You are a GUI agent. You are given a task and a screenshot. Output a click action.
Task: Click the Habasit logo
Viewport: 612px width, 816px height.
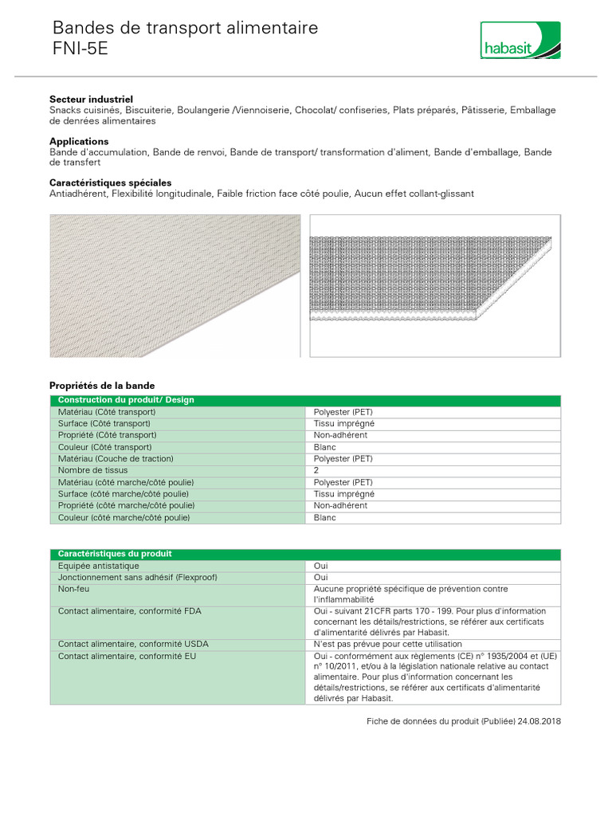pos(520,41)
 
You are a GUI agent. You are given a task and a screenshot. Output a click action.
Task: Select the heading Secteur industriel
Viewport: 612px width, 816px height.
pos(91,99)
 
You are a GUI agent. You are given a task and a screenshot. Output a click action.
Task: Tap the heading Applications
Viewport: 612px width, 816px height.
pos(79,141)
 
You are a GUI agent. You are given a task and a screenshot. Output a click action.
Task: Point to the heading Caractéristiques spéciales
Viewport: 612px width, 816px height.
pos(110,182)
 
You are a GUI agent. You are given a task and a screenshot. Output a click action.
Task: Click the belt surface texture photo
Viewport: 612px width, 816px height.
pos(175,285)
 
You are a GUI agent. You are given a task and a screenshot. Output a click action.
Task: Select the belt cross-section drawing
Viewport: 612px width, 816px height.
pos(434,285)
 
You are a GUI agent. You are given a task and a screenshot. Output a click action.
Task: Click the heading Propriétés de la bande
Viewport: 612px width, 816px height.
pos(102,385)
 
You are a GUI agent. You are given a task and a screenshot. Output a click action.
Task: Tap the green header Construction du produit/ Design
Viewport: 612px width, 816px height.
pos(126,400)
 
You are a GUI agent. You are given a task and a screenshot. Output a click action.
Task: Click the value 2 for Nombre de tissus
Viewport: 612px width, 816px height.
pos(316,471)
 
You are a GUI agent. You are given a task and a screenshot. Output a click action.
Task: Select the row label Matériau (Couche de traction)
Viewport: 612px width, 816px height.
pos(116,459)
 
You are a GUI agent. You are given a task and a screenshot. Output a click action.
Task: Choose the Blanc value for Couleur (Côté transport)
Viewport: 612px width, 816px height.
pos(325,448)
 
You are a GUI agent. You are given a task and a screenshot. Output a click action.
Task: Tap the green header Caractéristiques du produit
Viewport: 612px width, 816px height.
pos(115,554)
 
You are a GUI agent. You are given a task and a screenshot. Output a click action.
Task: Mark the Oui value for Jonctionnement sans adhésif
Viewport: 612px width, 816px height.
pos(321,578)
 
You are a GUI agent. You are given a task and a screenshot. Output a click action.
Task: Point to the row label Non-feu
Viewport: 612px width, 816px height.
pos(73,589)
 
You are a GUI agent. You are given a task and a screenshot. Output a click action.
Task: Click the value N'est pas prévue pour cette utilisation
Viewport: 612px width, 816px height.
pos(387,644)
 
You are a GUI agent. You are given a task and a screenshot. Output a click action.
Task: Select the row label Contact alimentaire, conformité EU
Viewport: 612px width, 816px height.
pos(127,656)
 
